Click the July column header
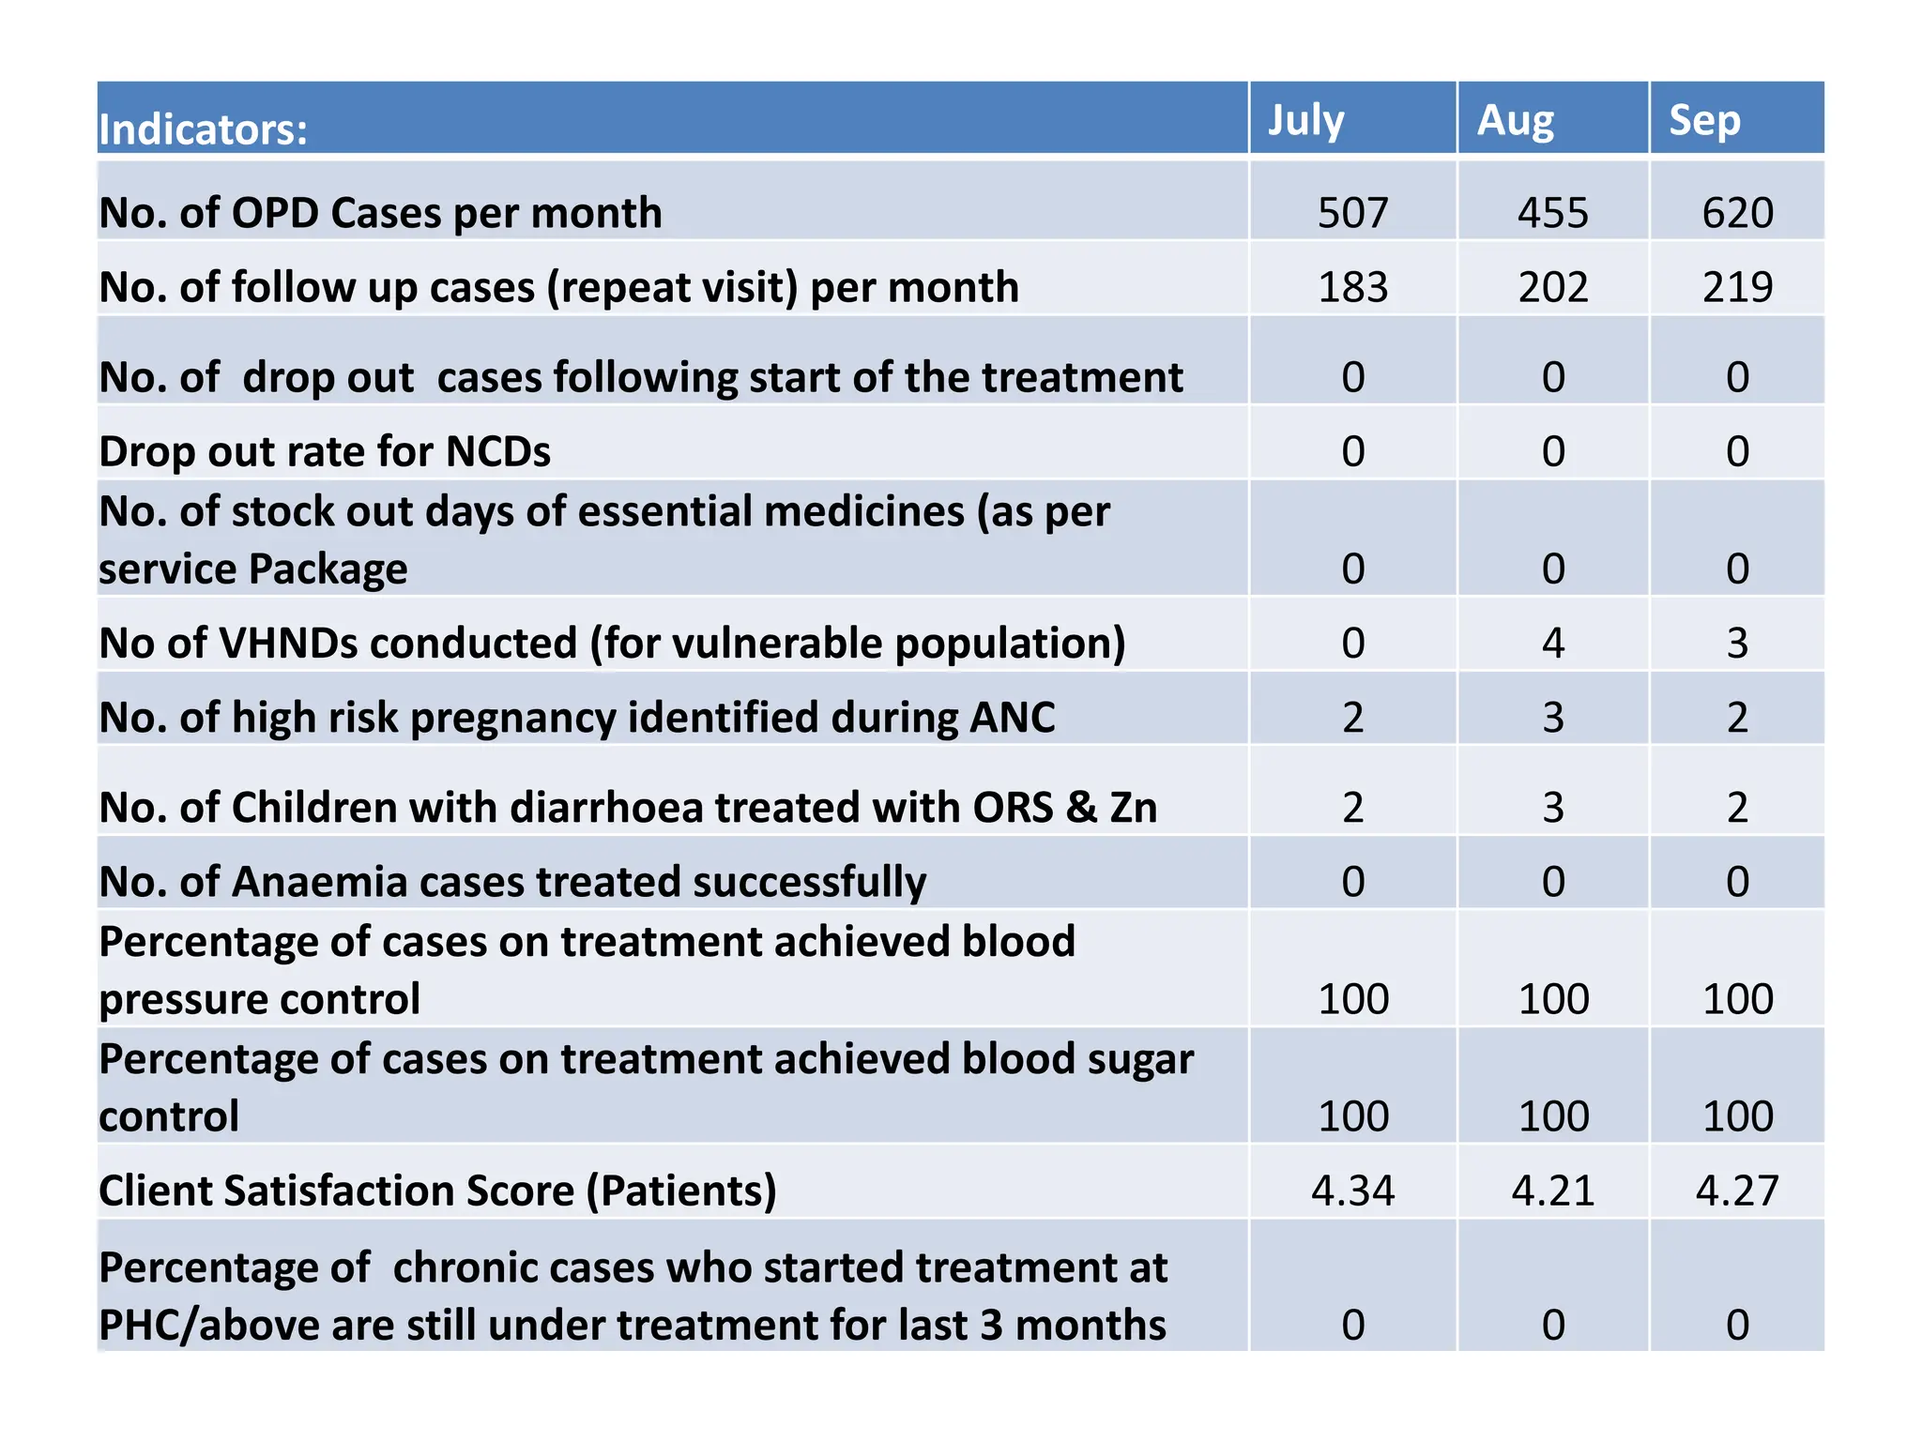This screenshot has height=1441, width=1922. click(x=1305, y=121)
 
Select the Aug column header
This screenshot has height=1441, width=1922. click(x=1515, y=121)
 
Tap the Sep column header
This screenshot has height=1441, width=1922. click(x=1703, y=121)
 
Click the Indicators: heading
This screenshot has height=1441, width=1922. click(x=203, y=129)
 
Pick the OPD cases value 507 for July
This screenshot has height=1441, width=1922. click(x=1352, y=213)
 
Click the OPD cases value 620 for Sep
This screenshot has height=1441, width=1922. click(x=1737, y=213)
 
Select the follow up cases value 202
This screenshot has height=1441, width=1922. click(x=1553, y=287)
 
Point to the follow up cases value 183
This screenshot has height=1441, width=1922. click(x=1352, y=287)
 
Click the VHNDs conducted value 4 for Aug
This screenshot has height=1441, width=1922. click(x=1553, y=644)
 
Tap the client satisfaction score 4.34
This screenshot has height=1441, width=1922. click(x=1352, y=1191)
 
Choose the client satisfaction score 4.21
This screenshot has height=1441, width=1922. click(x=1553, y=1191)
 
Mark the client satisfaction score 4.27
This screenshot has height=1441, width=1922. click(x=1737, y=1191)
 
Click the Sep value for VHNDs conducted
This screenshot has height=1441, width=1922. click(x=1737, y=644)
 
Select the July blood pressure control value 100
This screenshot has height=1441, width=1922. click(x=1352, y=999)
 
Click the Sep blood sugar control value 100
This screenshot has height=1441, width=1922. click(x=1737, y=1116)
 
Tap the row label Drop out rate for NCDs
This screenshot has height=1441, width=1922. click(x=325, y=451)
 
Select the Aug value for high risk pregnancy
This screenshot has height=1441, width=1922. click(x=1553, y=718)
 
